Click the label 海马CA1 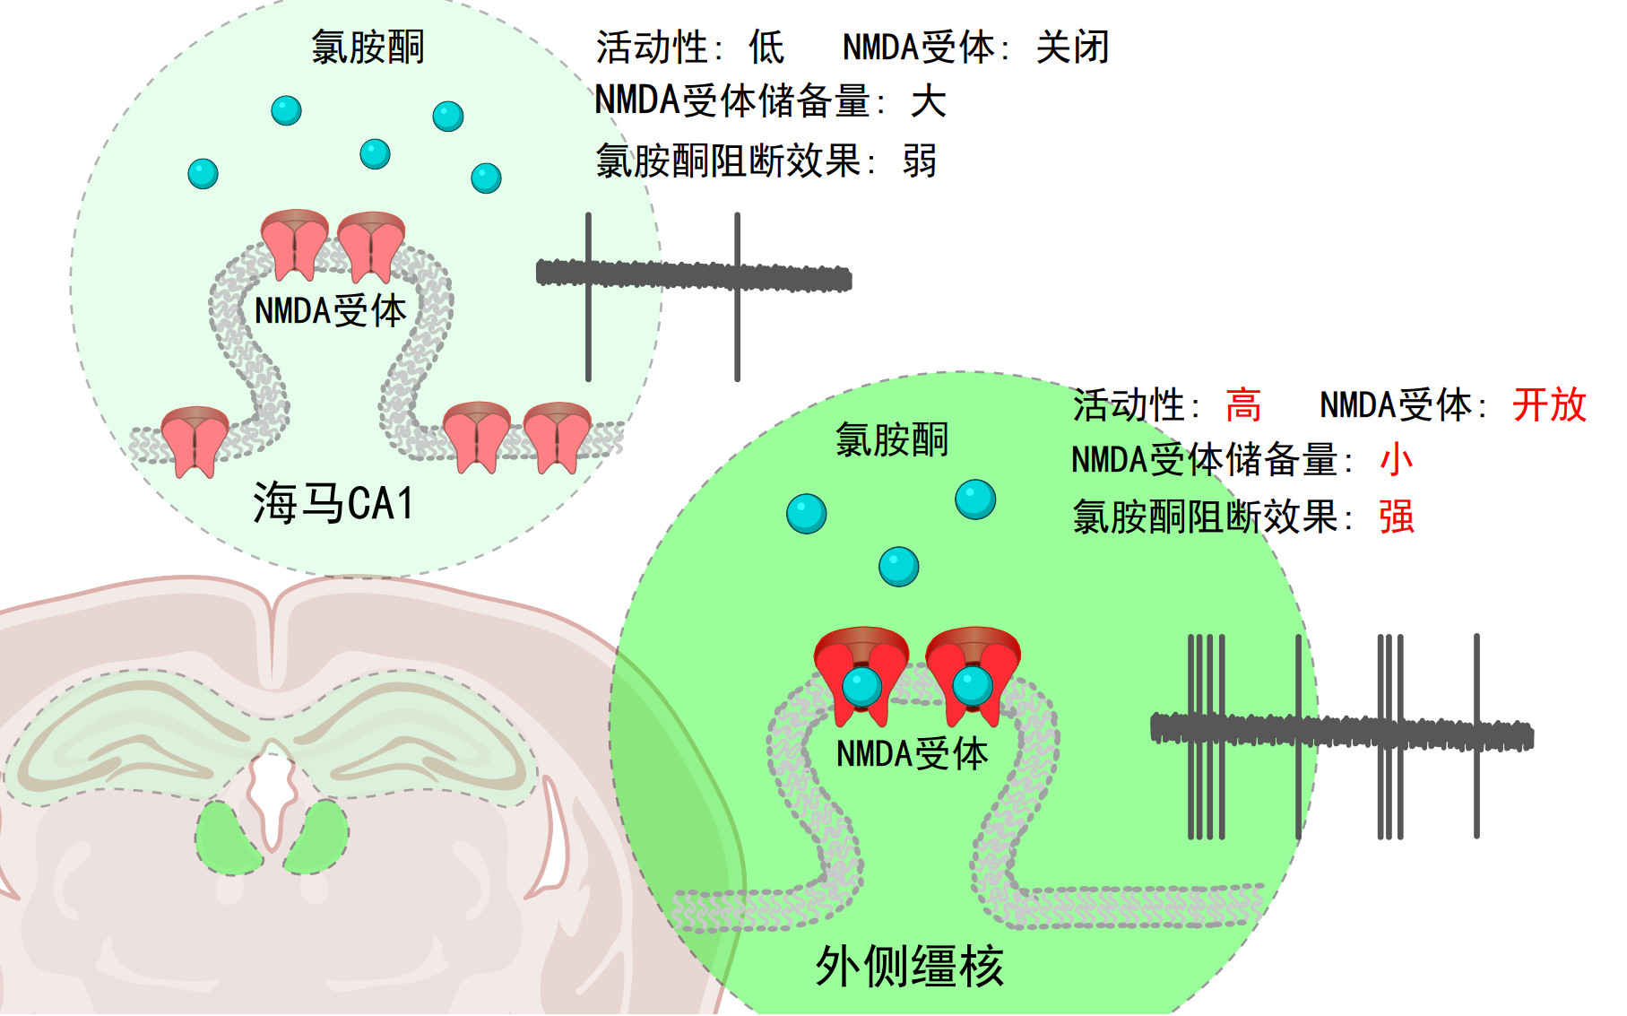333,503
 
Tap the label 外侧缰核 909,967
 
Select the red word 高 1243,405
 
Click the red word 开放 1549,405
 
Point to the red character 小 1396,461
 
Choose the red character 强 1397,517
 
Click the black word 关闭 1073,48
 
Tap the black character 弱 920,161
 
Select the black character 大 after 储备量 928,101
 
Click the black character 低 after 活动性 767,48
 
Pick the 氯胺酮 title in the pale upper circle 368,47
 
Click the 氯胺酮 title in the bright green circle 892,440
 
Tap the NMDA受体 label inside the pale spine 331,311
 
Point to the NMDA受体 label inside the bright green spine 912,754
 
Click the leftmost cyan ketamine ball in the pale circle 203,173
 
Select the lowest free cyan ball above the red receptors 898,567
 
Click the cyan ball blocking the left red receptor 862,688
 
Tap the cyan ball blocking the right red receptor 973,687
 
